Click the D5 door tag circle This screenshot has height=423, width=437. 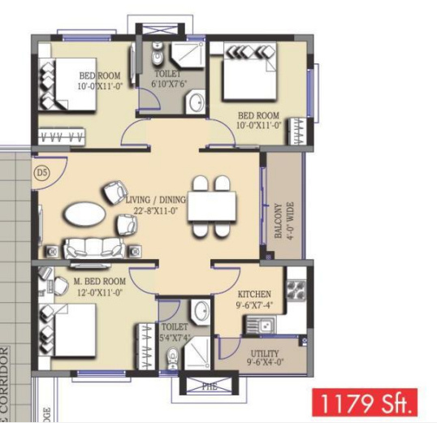(42, 173)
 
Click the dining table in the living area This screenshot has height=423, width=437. (212, 205)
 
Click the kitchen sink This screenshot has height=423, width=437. (262, 326)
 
